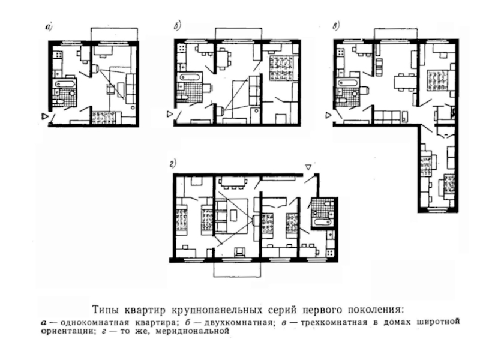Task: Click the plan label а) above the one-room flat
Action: click(x=49, y=28)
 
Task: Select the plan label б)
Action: click(x=178, y=26)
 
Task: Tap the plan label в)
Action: click(x=336, y=26)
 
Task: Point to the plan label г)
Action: click(x=173, y=164)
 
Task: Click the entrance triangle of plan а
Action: click(x=45, y=116)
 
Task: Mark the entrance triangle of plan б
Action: click(x=170, y=114)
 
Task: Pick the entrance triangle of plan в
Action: click(x=328, y=115)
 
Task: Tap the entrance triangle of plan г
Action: click(x=308, y=167)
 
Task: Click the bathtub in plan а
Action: click(x=65, y=83)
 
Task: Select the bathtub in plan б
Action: click(x=190, y=77)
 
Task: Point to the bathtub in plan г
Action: click(x=322, y=221)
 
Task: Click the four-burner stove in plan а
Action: click(x=57, y=55)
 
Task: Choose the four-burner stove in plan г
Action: click(x=331, y=253)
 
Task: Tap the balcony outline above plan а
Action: click(x=114, y=28)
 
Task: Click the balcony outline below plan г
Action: click(x=237, y=277)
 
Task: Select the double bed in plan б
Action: click(x=280, y=68)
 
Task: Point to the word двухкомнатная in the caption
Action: click(x=238, y=323)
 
